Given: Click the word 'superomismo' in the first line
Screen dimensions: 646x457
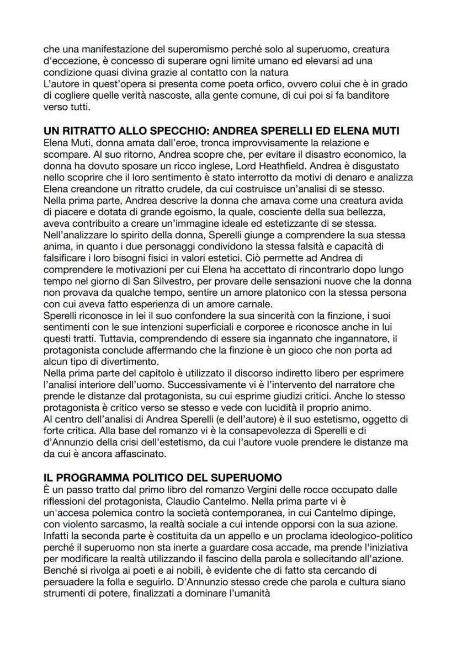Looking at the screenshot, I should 174,50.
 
